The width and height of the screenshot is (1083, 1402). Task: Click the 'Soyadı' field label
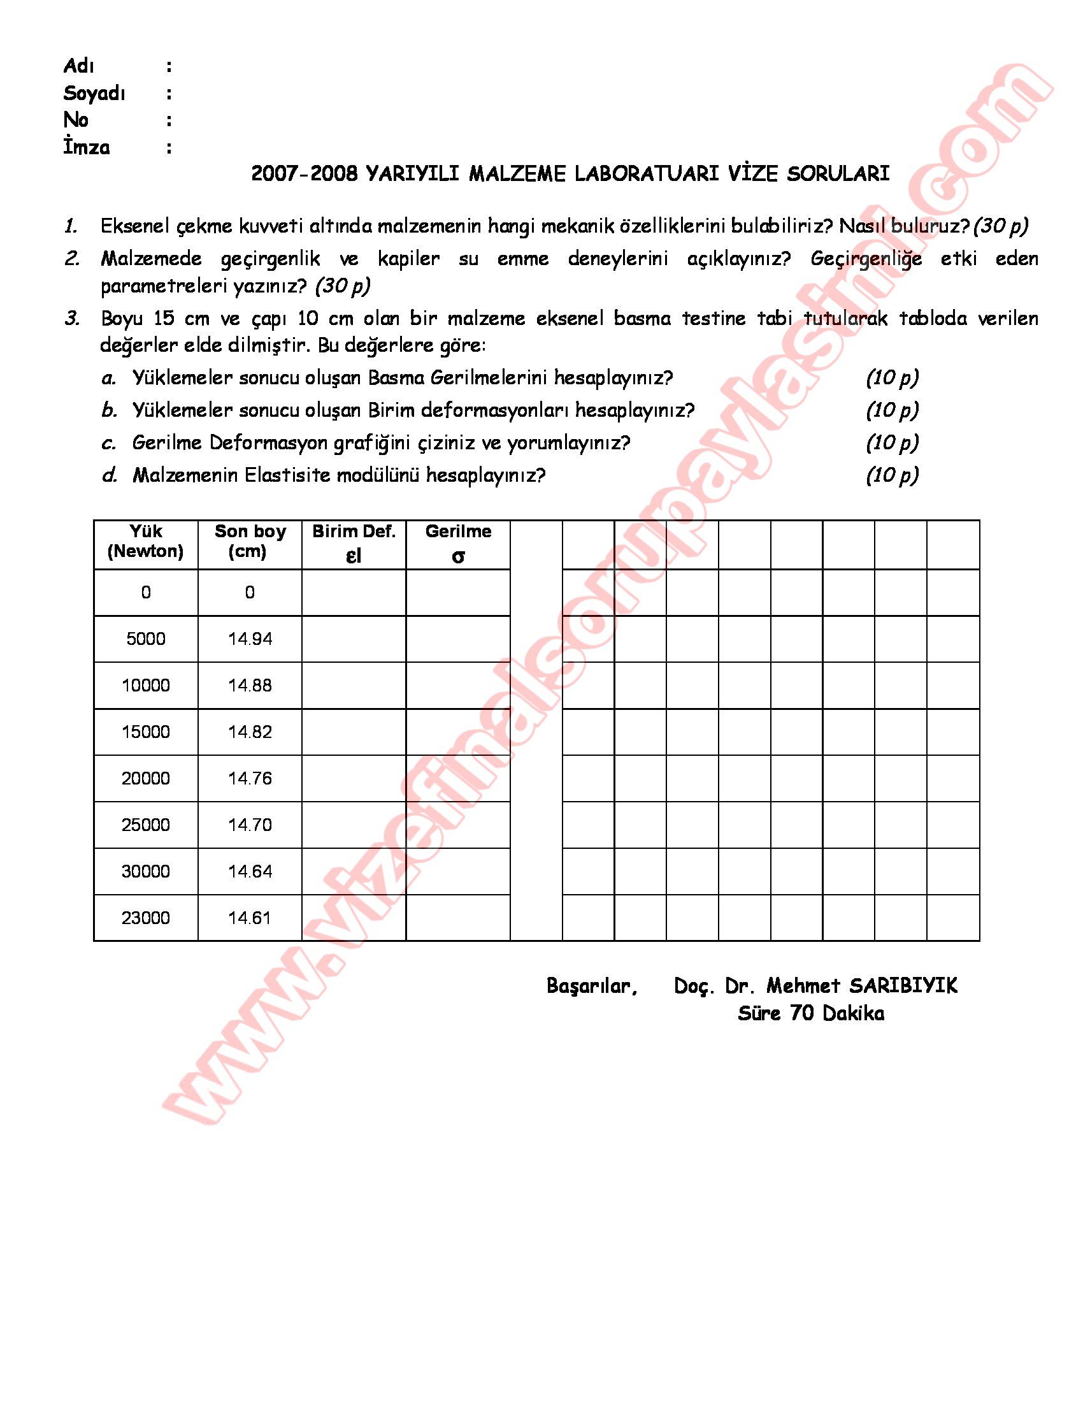[x=94, y=94]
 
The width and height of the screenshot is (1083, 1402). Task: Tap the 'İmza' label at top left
[x=87, y=148]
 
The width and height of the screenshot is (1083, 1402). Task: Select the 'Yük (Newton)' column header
[x=146, y=541]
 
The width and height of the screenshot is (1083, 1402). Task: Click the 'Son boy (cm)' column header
[x=250, y=541]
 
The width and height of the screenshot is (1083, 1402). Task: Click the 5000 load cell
[x=146, y=639]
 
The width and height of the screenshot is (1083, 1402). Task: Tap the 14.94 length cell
[x=250, y=639]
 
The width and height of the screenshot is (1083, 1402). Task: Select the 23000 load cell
[x=146, y=918]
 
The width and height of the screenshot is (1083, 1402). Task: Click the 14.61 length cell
[x=250, y=918]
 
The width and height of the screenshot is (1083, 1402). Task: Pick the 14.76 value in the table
[x=250, y=779]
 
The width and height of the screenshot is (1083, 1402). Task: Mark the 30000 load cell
[x=146, y=871]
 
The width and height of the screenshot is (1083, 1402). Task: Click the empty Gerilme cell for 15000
[x=458, y=732]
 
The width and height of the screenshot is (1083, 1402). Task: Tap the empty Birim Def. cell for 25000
[x=354, y=825]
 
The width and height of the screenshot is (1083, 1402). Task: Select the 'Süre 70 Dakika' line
[x=810, y=1014]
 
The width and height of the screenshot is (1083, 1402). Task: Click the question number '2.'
[x=72, y=259]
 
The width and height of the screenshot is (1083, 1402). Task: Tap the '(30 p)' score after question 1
[x=1000, y=226]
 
